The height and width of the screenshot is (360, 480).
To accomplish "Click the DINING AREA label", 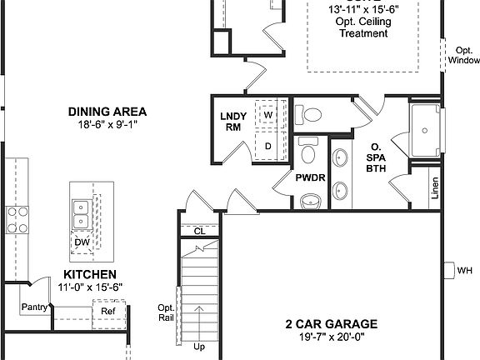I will pos(107,111).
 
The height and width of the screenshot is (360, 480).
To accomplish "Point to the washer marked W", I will pos(269,116).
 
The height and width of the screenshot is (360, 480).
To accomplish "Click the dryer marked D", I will pos(268,146).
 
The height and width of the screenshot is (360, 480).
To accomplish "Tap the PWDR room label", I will pos(309,177).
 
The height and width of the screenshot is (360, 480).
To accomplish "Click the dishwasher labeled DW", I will pos(82,242).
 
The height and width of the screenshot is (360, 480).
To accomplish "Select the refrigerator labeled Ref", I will pos(108,312).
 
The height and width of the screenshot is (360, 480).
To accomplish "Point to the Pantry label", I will pos(34,307).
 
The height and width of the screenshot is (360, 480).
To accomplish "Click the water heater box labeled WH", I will pos(463,270).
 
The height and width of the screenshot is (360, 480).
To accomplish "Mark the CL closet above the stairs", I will pos(199,230).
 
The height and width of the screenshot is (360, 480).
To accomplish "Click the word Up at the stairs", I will pos(199,346).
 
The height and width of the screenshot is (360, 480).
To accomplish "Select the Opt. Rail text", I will pos(165,312).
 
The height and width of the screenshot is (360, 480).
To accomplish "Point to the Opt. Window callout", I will pos(463,55).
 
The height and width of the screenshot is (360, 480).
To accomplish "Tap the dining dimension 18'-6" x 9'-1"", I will pos(107,124).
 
